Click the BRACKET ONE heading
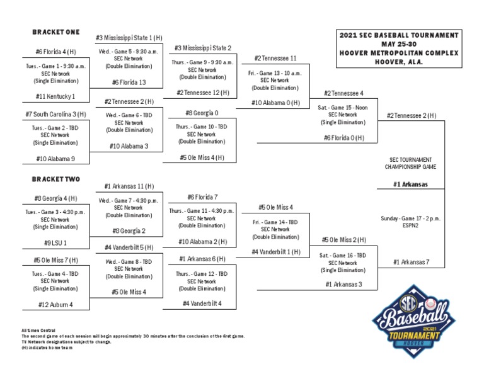point(56,31)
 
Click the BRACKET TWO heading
point(56,179)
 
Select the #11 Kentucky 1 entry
point(56,96)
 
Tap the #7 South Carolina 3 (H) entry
point(56,114)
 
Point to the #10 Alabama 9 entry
point(56,159)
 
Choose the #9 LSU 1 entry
point(56,242)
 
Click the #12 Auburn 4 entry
point(56,305)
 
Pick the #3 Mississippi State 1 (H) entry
point(129,38)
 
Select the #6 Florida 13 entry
point(129,82)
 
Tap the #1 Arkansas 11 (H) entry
point(129,186)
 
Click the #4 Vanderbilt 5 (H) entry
point(129,247)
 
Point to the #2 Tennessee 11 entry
point(275,58)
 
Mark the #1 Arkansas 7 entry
point(412,262)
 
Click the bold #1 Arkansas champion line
point(411,184)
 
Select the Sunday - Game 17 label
point(411,218)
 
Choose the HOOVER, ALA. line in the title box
point(399,62)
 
